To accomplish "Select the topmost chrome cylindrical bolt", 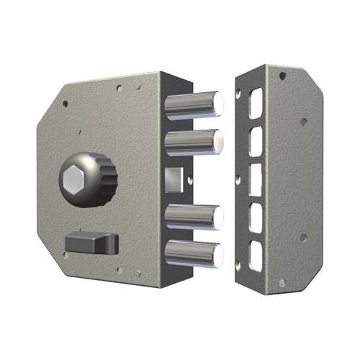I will click(194, 105).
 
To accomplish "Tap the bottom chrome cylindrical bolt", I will click(194, 253).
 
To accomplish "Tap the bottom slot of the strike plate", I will click(255, 252).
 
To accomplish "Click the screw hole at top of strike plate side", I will click(283, 76).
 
